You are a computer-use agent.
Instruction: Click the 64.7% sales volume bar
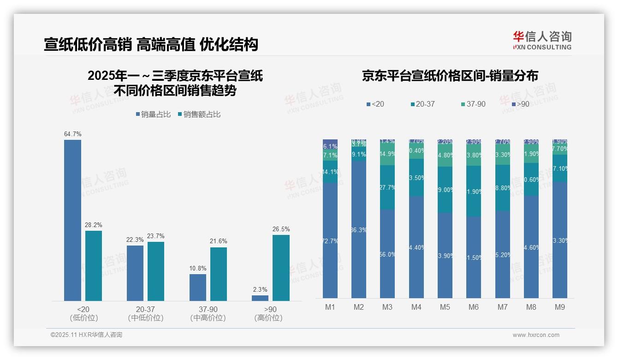tap(72, 220)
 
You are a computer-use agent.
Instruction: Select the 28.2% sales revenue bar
tap(94, 266)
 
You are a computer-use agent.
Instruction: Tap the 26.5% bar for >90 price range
tap(281, 268)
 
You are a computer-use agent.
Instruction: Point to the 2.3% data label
tap(260, 290)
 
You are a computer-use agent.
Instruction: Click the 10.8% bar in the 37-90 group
tap(198, 287)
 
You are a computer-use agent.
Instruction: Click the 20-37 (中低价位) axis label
tap(145, 313)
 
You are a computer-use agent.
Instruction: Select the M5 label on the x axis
tap(445, 307)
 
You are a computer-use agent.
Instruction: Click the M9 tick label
tap(559, 307)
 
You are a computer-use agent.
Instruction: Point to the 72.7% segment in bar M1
tap(330, 240)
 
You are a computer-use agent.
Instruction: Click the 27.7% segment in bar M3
tap(387, 187)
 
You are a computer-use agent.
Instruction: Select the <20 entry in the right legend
tap(375, 104)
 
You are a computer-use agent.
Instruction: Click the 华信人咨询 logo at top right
tap(542, 40)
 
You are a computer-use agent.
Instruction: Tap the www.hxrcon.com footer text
tap(536, 335)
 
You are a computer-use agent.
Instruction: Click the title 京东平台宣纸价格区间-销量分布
tap(450, 76)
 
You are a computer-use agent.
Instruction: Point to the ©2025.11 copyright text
tap(86, 335)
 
